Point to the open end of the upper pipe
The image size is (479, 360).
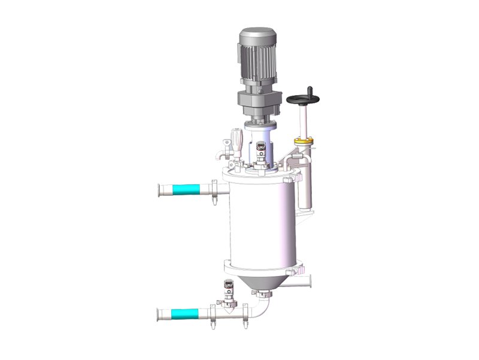coord(159,191)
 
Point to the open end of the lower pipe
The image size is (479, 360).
coord(159,313)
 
